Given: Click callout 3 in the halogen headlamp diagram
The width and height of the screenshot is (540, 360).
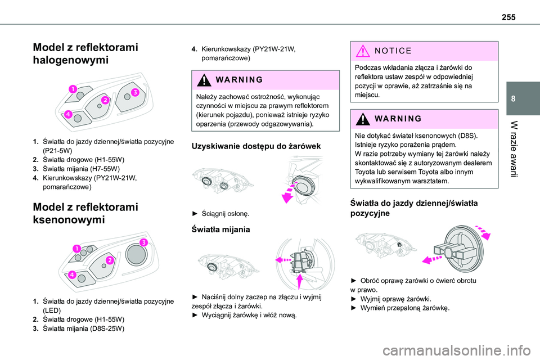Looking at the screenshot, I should click(136, 92).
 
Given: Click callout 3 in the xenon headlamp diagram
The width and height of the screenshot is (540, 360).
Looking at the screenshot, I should click(144, 242).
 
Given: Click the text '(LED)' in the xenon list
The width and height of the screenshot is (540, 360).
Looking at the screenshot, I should click(53, 309).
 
